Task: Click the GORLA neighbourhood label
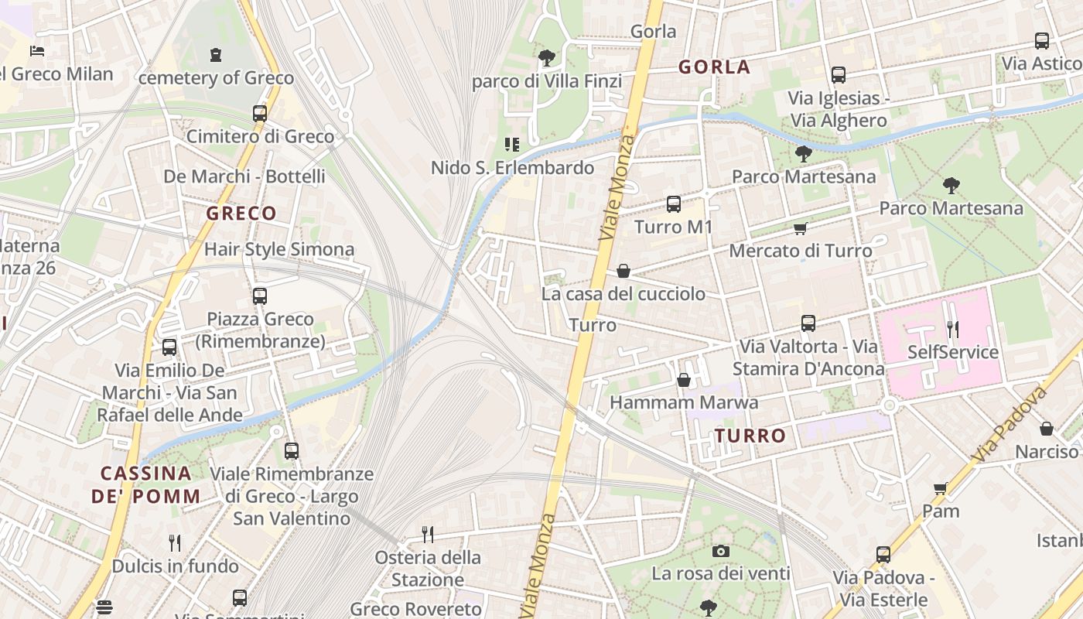tap(714, 67)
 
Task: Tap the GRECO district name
tap(241, 214)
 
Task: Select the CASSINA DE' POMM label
tap(146, 484)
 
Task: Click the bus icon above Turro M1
tap(674, 204)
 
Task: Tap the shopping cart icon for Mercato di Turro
tap(800, 228)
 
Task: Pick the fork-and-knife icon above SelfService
tap(953, 330)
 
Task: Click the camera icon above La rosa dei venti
tap(721, 551)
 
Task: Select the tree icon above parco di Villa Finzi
tap(547, 57)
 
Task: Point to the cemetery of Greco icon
tap(215, 55)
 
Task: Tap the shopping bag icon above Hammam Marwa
tap(684, 380)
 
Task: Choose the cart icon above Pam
tap(941, 488)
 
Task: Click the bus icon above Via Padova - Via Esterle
tap(883, 554)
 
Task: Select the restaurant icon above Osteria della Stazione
tap(426, 534)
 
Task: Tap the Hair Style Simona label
tap(279, 249)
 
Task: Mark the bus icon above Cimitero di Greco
tap(260, 114)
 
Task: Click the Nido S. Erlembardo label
tap(512, 168)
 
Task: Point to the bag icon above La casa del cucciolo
tap(623, 271)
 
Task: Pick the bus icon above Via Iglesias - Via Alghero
tap(839, 75)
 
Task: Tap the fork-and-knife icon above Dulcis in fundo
tap(175, 543)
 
